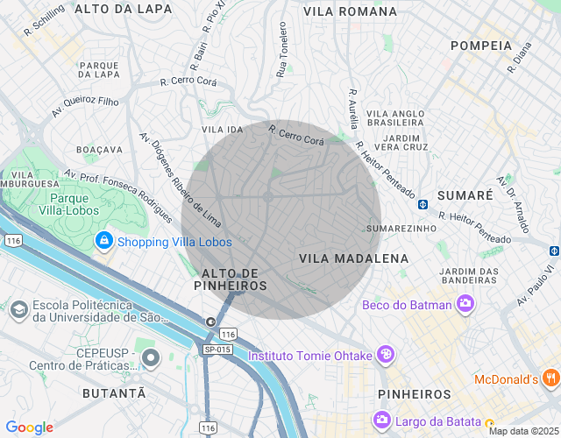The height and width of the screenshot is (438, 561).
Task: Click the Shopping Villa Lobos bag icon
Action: coord(104,241)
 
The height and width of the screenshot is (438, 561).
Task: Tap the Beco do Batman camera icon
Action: coord(465,305)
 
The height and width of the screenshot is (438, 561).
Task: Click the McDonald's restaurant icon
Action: coord(550,378)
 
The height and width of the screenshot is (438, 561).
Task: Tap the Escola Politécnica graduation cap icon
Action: coord(18,309)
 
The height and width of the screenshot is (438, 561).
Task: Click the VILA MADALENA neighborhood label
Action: coord(353,258)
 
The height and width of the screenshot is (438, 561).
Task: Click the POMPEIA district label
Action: coord(480,45)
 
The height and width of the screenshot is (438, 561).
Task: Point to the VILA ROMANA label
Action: coord(350,11)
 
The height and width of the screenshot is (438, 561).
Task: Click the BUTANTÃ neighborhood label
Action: coord(114,394)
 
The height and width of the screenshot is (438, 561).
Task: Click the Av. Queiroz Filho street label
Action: coord(85,106)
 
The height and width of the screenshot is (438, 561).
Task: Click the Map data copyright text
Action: coord(522,431)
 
